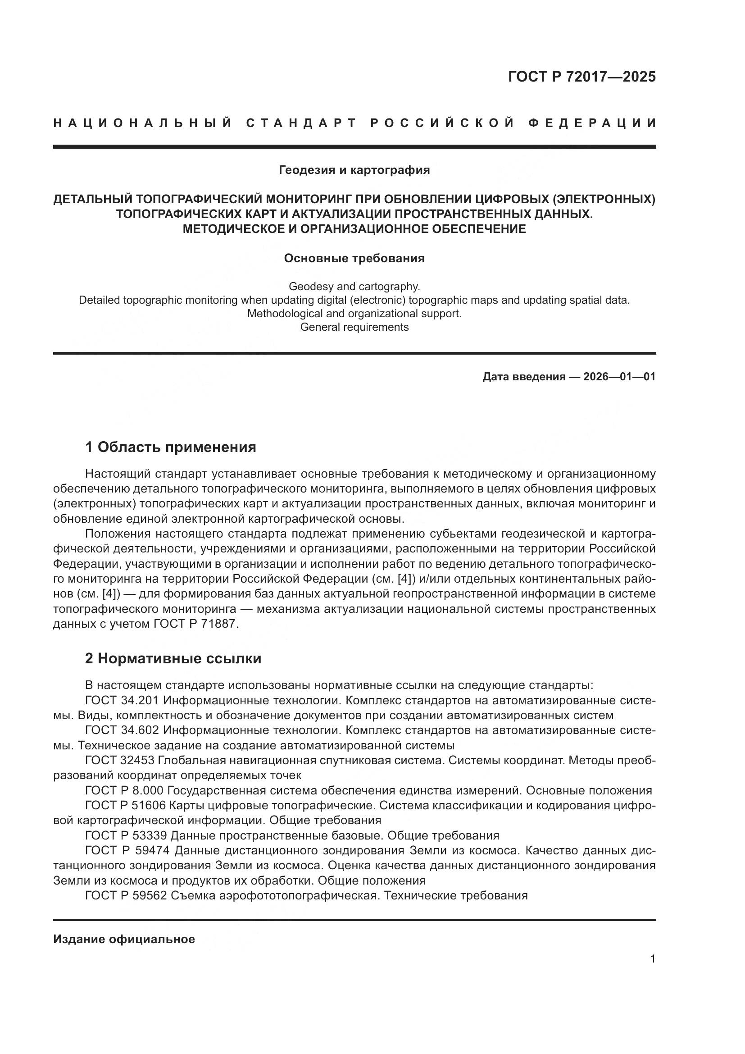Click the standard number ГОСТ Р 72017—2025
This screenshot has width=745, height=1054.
click(581, 77)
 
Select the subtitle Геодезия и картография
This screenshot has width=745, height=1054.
click(354, 170)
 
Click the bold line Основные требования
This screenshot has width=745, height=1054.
click(354, 259)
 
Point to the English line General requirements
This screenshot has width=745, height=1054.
click(354, 327)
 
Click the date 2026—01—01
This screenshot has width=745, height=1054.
click(619, 377)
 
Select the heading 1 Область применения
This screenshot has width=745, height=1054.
click(171, 447)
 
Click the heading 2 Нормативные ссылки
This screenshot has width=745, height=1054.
click(173, 658)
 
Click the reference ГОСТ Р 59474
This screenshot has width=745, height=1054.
click(127, 851)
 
